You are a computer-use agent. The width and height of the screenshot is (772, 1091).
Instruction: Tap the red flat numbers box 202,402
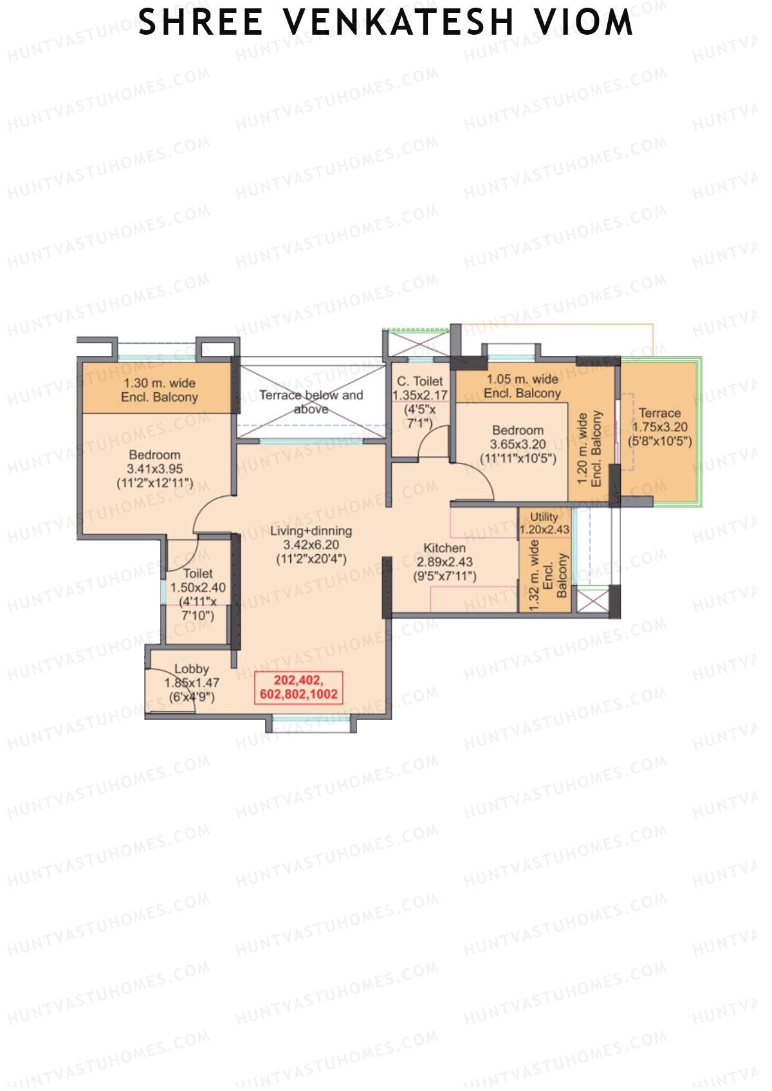pos(299,687)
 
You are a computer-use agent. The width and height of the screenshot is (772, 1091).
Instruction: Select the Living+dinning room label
pos(311,531)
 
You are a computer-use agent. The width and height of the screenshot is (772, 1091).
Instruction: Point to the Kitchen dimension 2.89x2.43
pos(445,562)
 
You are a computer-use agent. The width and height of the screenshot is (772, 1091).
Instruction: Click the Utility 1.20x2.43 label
pos(544,523)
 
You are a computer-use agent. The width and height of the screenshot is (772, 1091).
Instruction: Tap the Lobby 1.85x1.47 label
pos(191,682)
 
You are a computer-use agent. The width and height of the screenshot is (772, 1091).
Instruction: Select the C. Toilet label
pos(419,381)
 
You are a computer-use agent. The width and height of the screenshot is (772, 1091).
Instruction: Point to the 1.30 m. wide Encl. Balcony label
pos(159,390)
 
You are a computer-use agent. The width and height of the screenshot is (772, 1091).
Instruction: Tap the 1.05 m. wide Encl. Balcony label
pos(522,386)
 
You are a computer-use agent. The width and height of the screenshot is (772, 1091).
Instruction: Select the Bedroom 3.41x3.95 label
pos(154,469)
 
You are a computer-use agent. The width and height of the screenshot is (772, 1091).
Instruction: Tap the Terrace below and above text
pos(311,402)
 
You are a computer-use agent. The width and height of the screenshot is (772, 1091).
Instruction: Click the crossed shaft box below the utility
pos(593,600)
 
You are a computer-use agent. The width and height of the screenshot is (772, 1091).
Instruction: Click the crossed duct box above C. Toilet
pos(416,343)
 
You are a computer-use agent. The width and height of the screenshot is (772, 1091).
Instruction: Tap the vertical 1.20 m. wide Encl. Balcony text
pos(589,449)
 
